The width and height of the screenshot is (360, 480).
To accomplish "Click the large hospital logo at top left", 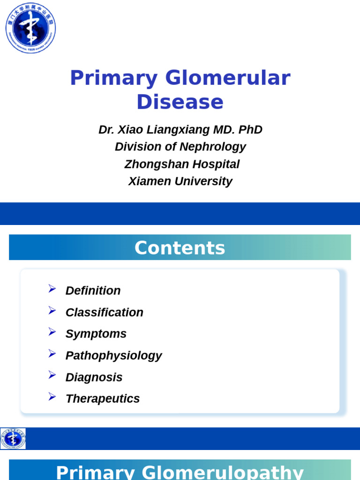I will click(30, 28).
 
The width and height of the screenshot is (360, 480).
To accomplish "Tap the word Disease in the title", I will click(180, 102).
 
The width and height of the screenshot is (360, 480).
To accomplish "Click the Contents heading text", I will click(180, 248).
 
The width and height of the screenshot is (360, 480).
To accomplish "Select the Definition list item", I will click(93, 291).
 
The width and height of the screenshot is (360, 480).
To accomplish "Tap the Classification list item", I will click(104, 312).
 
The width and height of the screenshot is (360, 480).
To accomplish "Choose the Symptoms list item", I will click(96, 334).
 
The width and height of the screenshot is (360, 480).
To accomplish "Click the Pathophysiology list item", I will click(113, 355).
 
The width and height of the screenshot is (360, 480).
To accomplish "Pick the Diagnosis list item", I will click(94, 377).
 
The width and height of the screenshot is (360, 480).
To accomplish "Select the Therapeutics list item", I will click(102, 398).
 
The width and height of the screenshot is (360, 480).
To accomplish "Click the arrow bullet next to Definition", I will click(52, 289).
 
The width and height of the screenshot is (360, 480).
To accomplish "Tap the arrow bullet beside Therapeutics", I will click(52, 397).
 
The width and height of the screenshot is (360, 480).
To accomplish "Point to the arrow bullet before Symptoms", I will click(52, 332).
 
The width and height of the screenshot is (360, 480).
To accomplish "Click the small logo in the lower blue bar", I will click(13, 439).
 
